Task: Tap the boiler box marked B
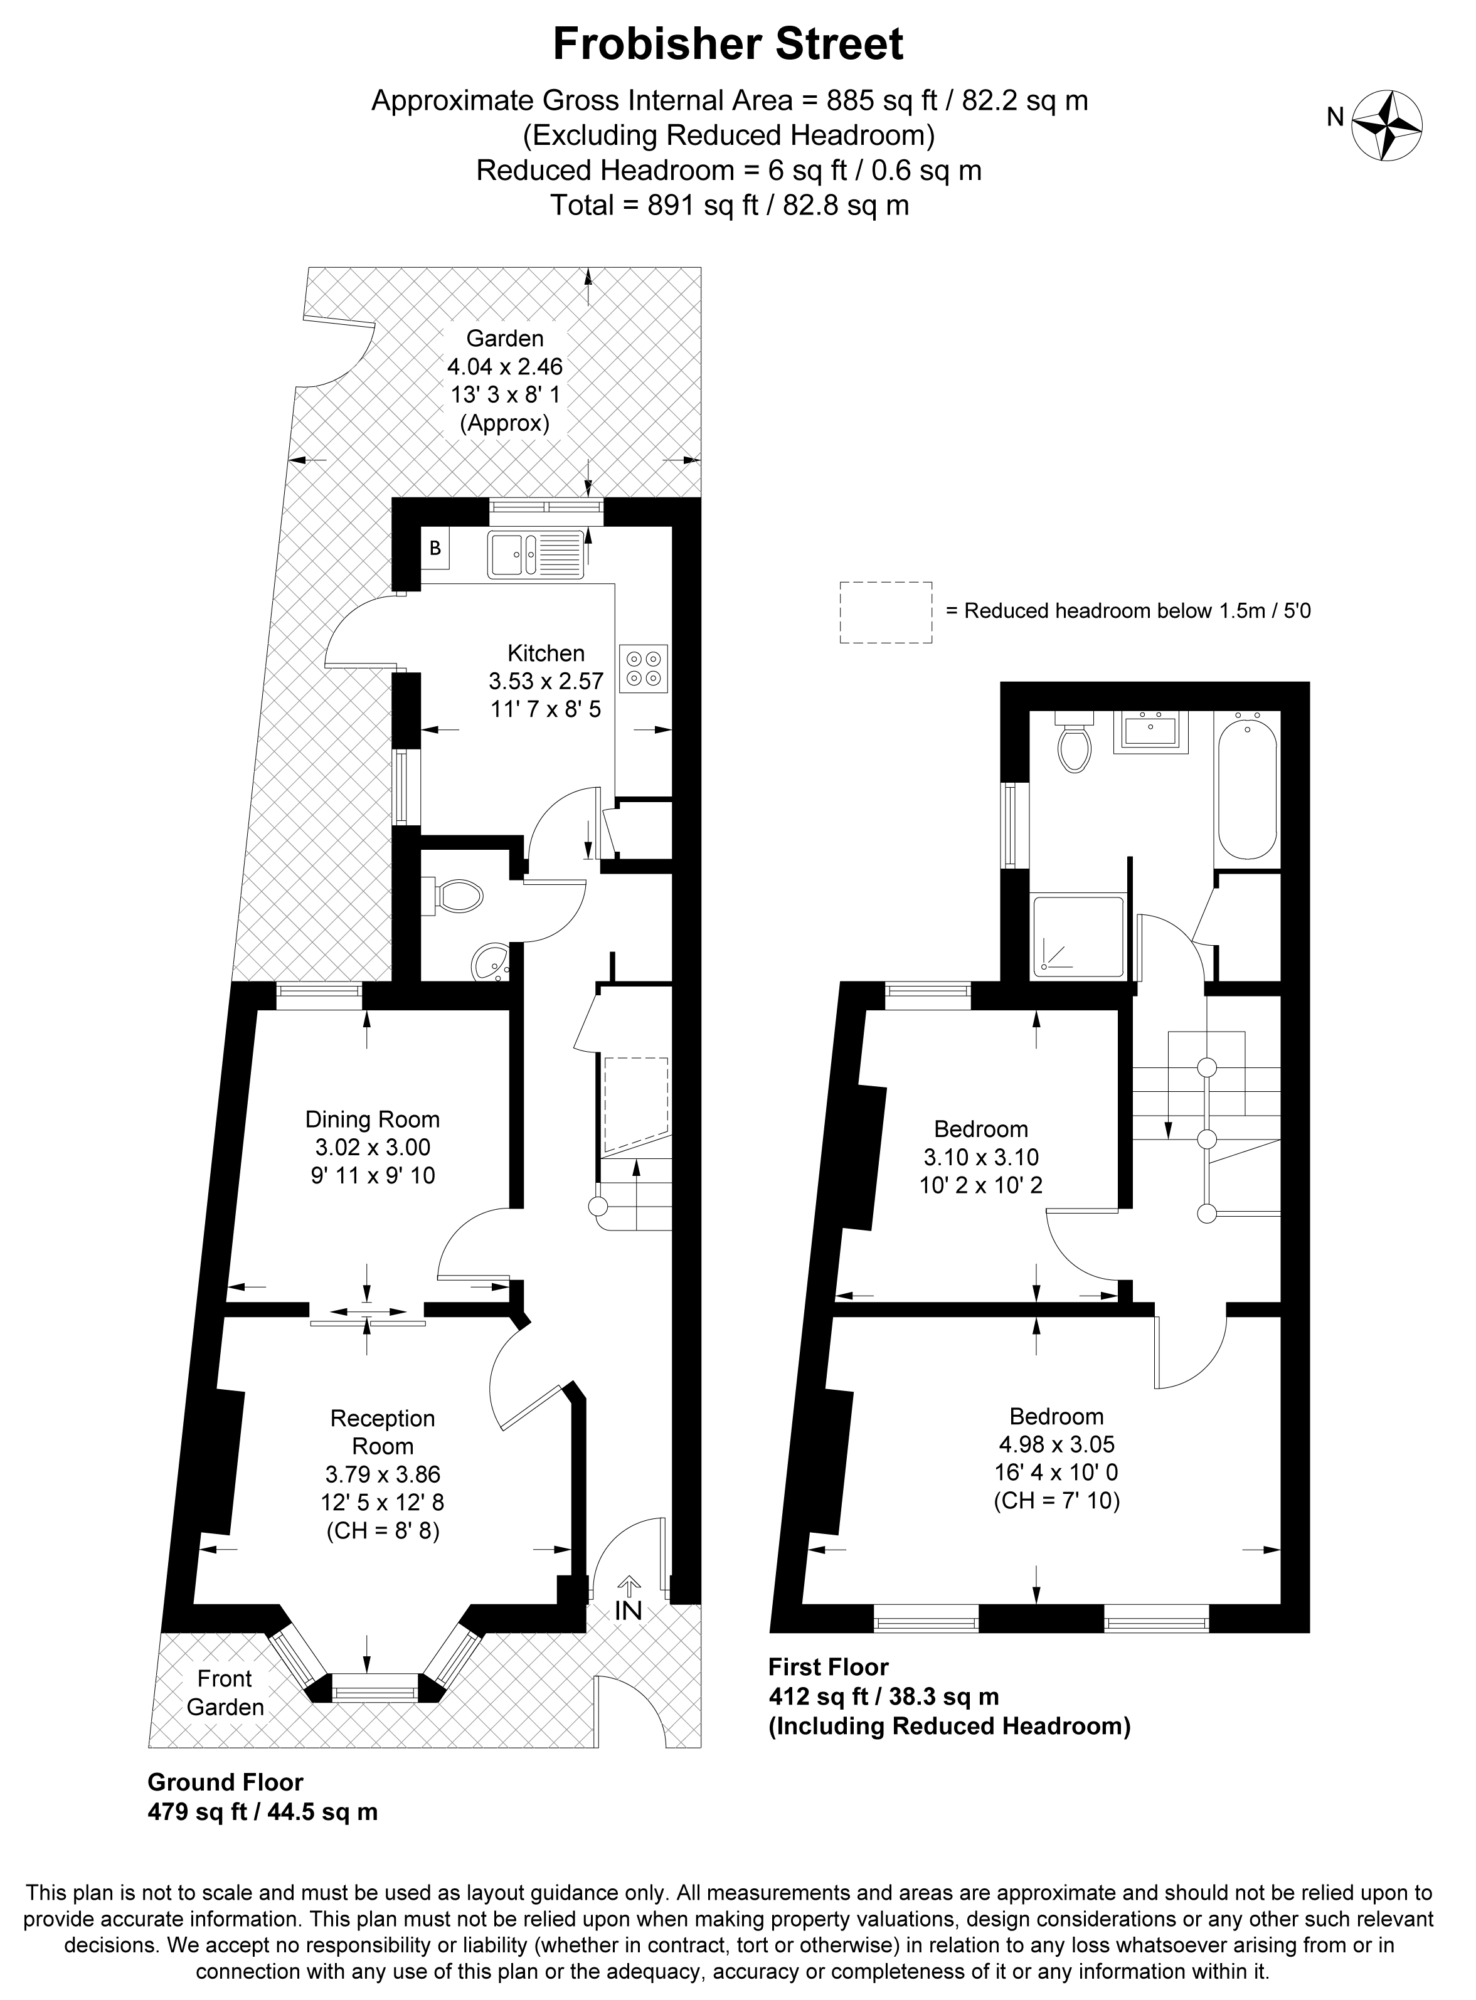435,549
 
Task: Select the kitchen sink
534,554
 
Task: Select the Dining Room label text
373,1119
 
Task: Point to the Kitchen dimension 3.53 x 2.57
546,682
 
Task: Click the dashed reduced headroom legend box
886,612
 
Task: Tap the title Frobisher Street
728,44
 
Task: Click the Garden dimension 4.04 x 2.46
505,366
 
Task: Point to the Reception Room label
383,1432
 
